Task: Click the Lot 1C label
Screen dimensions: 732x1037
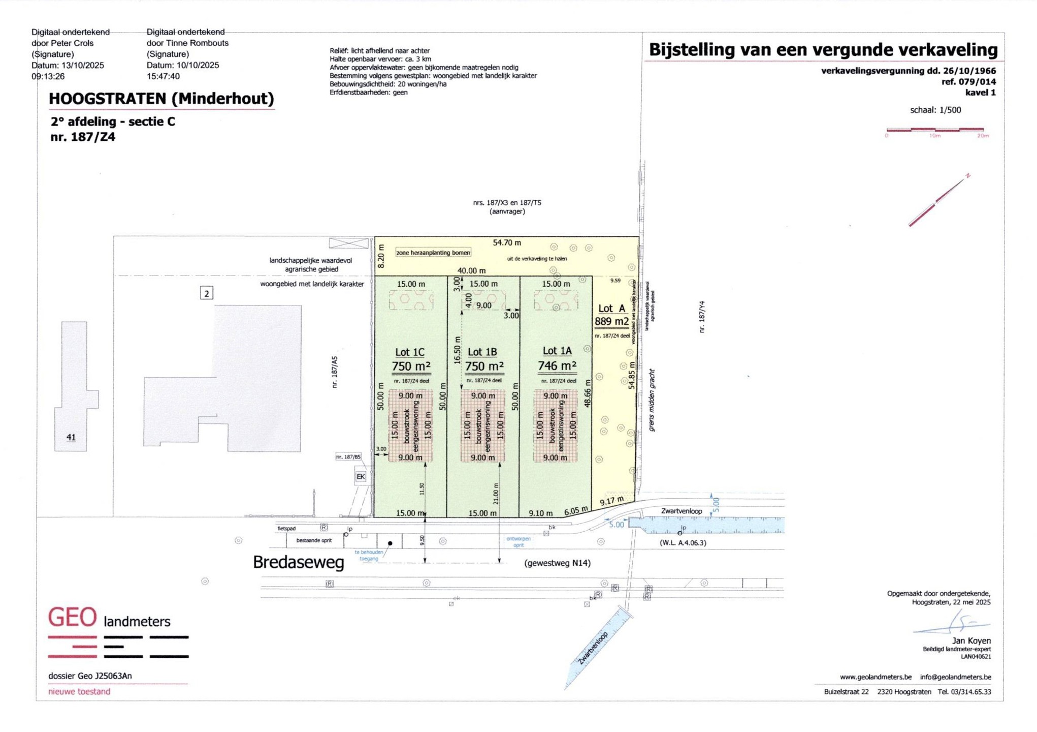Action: (409, 352)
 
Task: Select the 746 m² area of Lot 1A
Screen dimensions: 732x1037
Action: (557, 366)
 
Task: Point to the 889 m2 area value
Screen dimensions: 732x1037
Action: (611, 321)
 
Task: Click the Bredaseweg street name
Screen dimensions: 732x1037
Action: (298, 562)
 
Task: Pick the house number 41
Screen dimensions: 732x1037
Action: (71, 437)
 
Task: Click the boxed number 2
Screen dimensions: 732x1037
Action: (206, 293)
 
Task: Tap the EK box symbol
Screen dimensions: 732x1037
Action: (361, 476)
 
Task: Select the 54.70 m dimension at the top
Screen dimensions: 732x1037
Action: (506, 243)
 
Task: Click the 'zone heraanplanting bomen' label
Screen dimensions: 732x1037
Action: (433, 253)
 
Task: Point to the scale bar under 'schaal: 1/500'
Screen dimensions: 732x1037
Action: (934, 130)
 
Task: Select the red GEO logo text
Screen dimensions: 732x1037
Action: (72, 618)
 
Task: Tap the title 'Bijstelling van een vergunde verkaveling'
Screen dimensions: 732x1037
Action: (823, 50)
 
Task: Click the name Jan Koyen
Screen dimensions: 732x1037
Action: (971, 640)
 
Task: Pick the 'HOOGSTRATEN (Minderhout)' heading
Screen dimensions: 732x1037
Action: (161, 98)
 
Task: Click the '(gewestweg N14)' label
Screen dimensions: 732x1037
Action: (557, 563)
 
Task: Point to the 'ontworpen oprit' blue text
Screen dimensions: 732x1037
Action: (518, 542)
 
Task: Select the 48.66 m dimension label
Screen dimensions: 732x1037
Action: (588, 393)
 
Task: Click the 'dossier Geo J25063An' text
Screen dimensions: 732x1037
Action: (90, 676)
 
